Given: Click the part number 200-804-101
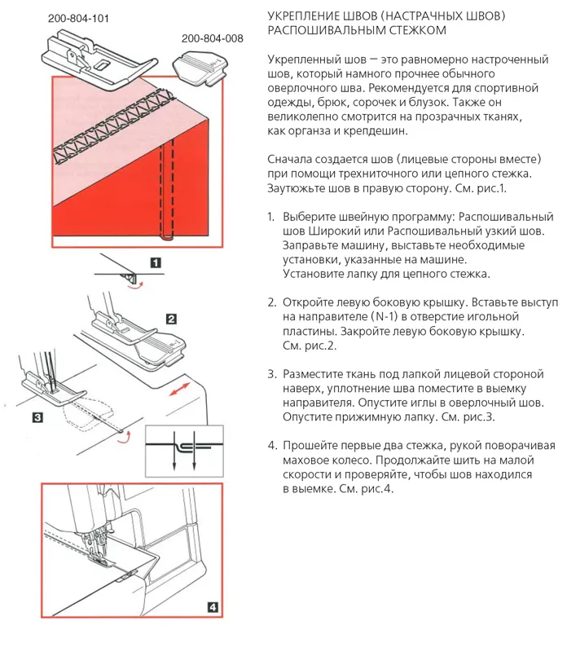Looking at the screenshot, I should (x=78, y=17).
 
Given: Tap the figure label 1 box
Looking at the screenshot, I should (x=154, y=262).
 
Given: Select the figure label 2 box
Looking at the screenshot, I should (x=171, y=319).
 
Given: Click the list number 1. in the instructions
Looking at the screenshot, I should (x=271, y=218).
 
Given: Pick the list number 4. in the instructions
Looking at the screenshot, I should (x=272, y=445).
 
